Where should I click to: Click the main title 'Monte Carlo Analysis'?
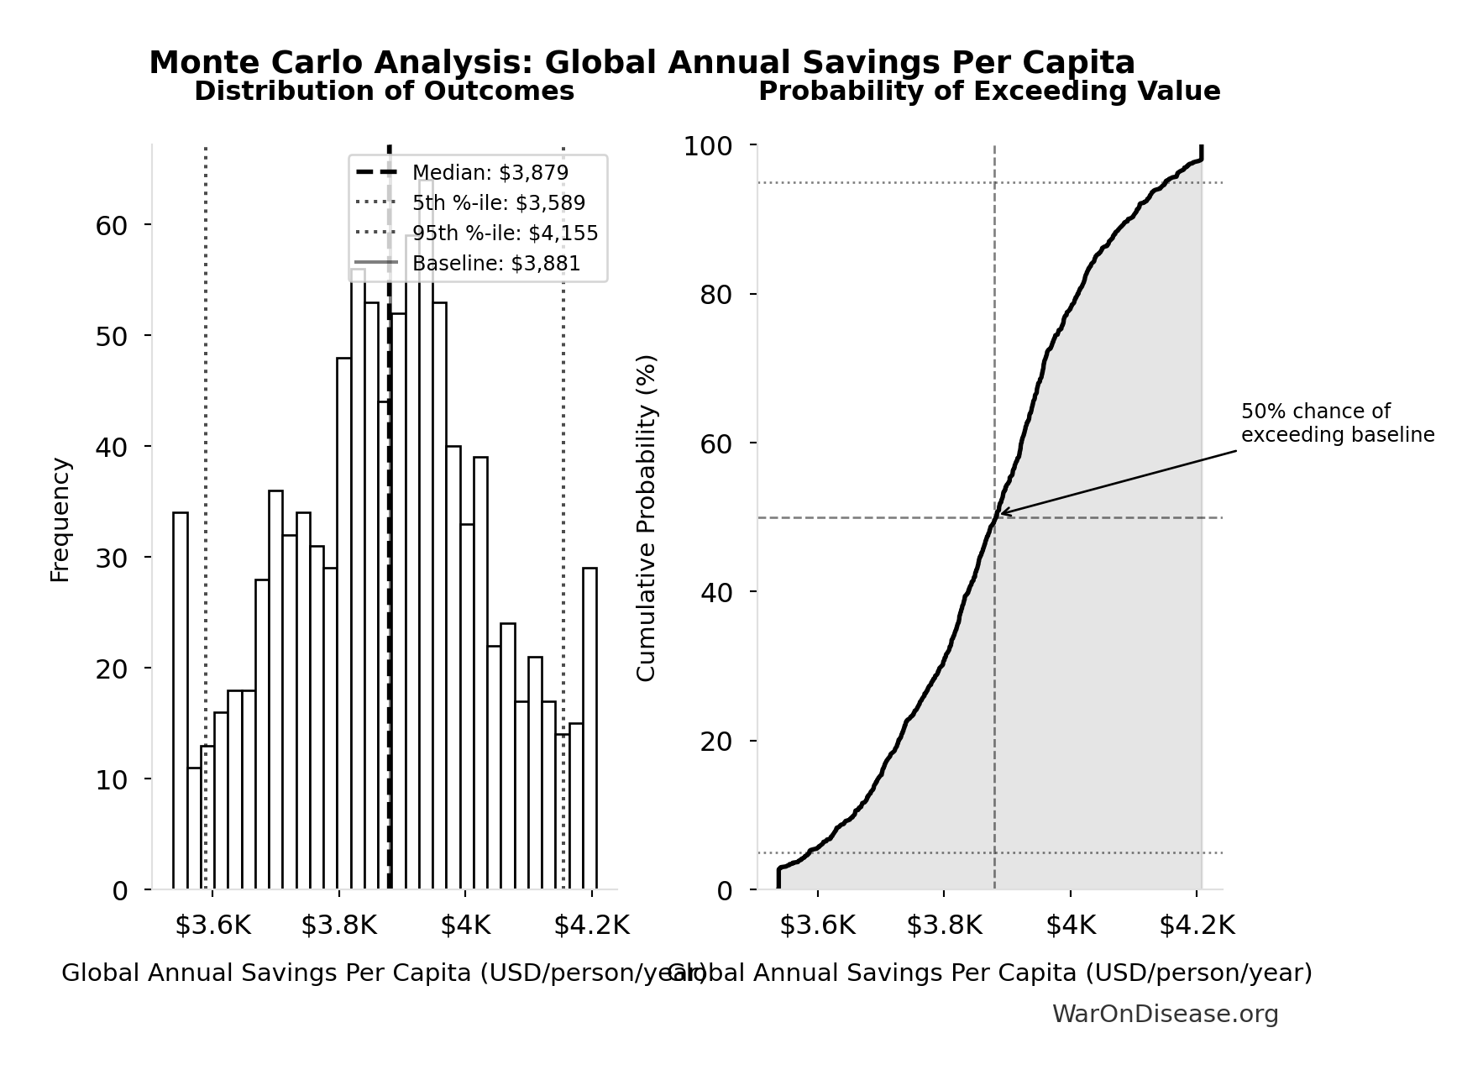[642, 63]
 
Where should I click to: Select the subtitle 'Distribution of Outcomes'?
[384, 91]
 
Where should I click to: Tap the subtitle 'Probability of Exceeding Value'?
[989, 91]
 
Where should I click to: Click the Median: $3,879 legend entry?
[490, 173]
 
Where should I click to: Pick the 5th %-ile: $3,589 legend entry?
[498, 203]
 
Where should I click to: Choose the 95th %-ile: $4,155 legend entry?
[505, 233]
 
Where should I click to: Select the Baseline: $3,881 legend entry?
[495, 264]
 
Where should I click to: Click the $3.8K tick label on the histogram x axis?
[338, 926]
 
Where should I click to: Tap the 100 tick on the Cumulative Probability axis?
[707, 146]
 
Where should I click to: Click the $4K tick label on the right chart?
[1071, 926]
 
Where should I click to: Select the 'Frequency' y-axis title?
[60, 519]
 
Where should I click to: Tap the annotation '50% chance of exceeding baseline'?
[1337, 423]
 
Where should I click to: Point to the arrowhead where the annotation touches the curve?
[1001, 512]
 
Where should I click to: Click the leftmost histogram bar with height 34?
[181, 700]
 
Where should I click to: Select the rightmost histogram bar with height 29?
[590, 728]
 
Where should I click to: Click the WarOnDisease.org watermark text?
[1165, 1015]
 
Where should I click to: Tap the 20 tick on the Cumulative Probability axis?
[715, 742]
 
